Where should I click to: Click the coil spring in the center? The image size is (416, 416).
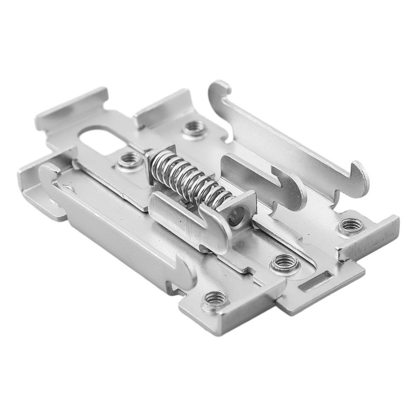(x=189, y=179)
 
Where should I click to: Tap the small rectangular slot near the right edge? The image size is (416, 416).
(x=316, y=282)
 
